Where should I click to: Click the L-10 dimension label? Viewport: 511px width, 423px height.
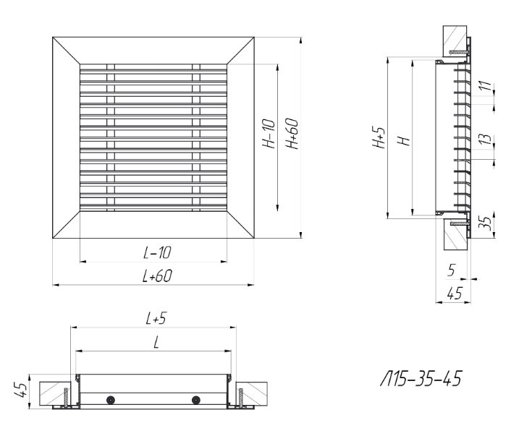tap(157, 252)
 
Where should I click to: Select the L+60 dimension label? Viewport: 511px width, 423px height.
tap(157, 276)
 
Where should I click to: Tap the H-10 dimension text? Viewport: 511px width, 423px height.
tap(269, 134)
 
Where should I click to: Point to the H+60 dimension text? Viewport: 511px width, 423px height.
tap(292, 134)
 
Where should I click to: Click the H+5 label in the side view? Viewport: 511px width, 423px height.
tap(379, 137)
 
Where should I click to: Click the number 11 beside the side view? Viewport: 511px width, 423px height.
tap(486, 85)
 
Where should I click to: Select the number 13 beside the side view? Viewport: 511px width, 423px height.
tap(486, 139)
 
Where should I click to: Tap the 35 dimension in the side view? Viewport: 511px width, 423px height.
tap(486, 223)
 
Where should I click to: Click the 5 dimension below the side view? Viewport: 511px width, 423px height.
tap(452, 270)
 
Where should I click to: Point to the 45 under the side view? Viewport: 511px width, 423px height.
tap(455, 294)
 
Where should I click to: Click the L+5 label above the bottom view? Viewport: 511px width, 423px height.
tap(156, 318)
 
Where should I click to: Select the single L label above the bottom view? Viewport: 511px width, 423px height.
tap(156, 343)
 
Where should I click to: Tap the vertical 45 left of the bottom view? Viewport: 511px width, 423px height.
tap(21, 390)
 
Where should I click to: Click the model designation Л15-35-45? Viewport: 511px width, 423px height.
tap(421, 379)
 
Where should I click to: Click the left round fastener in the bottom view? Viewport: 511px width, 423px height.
tap(111, 400)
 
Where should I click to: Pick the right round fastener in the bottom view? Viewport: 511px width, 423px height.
tap(196, 400)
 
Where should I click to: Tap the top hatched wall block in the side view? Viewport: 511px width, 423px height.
tap(455, 41)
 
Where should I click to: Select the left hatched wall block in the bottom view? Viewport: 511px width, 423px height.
tap(55, 393)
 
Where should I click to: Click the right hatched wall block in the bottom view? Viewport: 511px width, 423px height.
tap(252, 393)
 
